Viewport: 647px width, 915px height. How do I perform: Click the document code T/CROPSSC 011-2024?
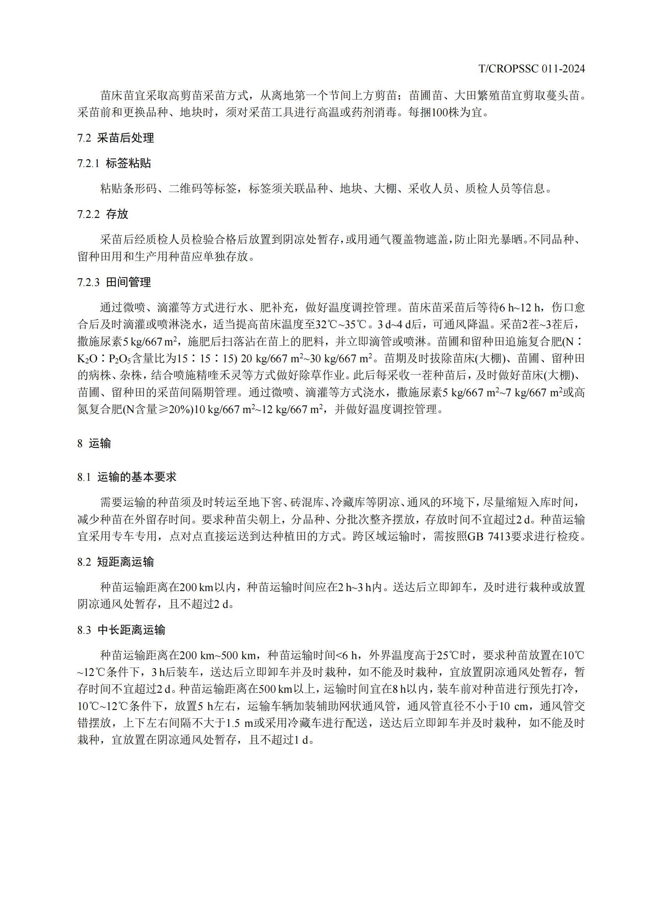click(x=532, y=69)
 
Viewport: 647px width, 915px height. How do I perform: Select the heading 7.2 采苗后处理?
click(x=115, y=138)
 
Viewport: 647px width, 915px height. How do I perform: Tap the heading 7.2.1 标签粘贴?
click(x=114, y=164)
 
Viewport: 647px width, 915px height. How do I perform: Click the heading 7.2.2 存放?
click(x=103, y=214)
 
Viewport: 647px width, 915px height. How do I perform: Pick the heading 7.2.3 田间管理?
click(x=114, y=282)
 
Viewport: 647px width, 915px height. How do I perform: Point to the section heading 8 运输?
click(x=94, y=443)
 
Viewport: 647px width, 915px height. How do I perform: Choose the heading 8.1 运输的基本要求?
click(x=127, y=477)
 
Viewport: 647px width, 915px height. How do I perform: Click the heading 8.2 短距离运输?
click(x=115, y=562)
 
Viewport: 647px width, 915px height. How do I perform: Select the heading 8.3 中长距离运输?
click(x=121, y=630)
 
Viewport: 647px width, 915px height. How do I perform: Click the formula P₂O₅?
click(x=120, y=359)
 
